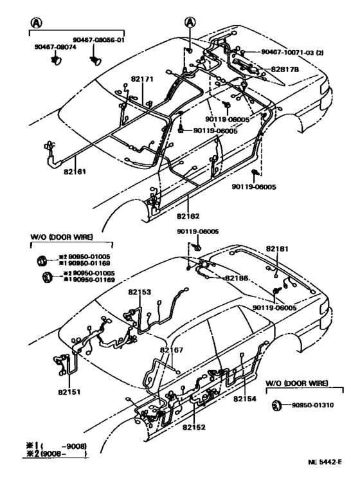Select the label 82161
pyautogui.click(x=75, y=172)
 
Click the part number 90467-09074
pyautogui.click(x=55, y=47)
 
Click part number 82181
pyautogui.click(x=278, y=248)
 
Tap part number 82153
pyautogui.click(x=139, y=291)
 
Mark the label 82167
pyautogui.click(x=172, y=350)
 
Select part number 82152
pyautogui.click(x=194, y=427)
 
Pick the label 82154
pyautogui.click(x=245, y=399)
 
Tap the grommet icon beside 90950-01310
pyautogui.click(x=278, y=405)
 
